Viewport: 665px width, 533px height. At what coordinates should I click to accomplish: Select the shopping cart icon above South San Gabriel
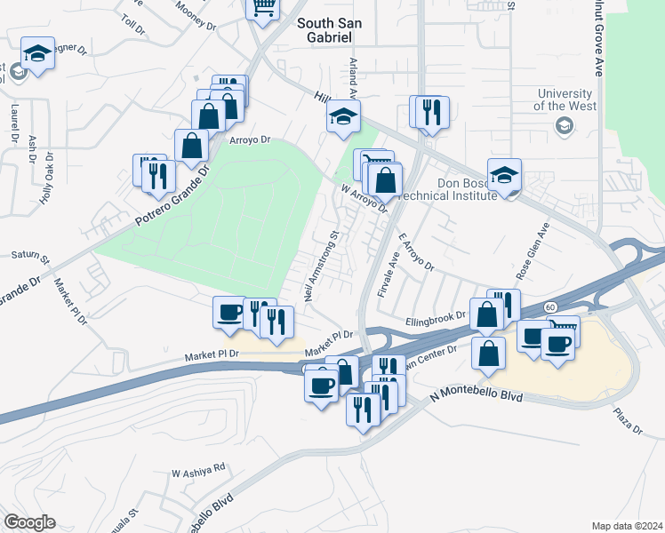(264, 9)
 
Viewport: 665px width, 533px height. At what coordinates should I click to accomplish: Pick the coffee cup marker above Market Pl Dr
(230, 313)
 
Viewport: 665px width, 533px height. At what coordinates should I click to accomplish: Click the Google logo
(28, 522)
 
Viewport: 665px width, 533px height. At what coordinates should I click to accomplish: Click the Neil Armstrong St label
(323, 266)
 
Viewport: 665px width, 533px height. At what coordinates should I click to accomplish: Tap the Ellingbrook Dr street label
(435, 315)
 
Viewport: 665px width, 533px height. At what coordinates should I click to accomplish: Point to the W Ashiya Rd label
(200, 468)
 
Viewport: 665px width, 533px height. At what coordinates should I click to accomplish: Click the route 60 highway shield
(551, 306)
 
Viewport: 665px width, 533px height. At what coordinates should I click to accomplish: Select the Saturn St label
(30, 256)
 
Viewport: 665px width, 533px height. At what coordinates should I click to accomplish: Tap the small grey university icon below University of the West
(564, 127)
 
